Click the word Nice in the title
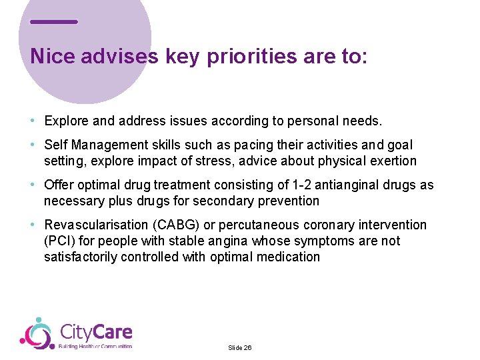click(53, 57)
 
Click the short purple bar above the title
click(54, 22)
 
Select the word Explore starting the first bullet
click(65, 121)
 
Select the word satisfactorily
click(81, 257)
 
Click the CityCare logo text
click(96, 332)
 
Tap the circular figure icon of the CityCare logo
click(37, 333)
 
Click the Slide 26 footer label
click(239, 348)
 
